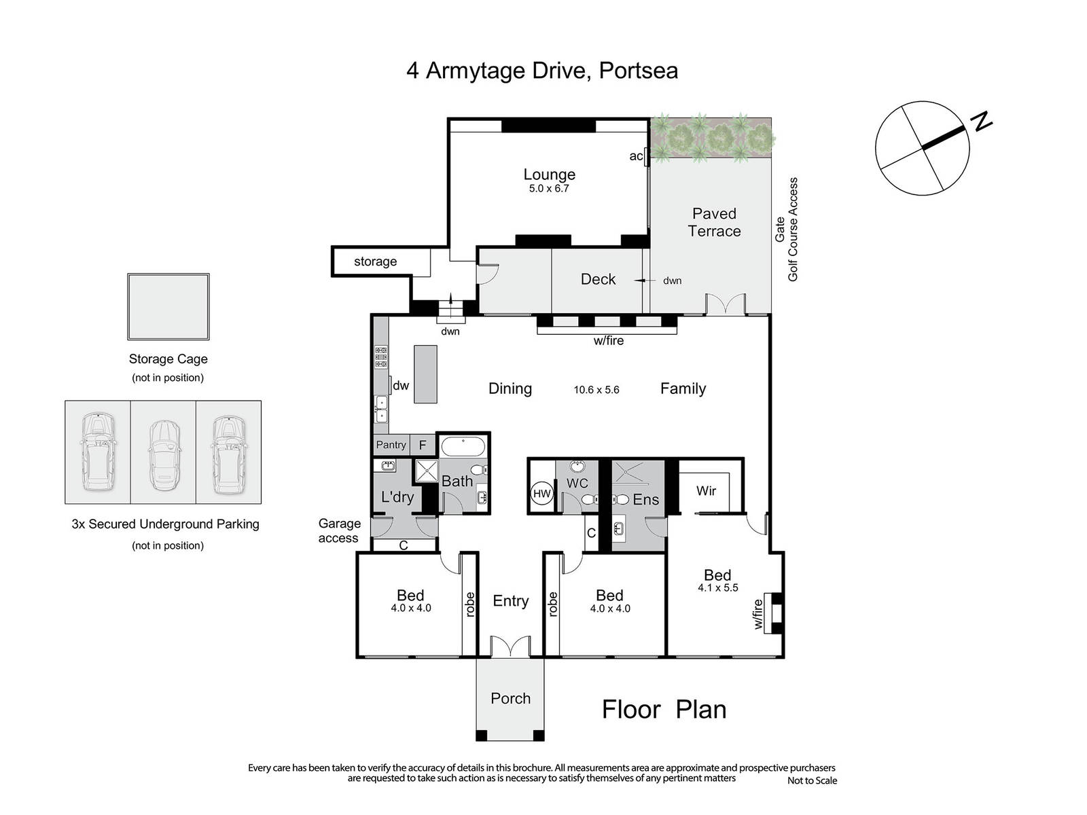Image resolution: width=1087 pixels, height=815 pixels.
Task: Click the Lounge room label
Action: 549,174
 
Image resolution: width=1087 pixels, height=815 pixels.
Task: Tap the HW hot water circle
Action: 541,493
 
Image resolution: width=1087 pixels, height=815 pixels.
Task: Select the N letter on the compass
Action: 982,122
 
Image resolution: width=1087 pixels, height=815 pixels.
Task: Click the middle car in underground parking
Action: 164,454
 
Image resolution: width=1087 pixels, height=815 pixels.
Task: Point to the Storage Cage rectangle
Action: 168,307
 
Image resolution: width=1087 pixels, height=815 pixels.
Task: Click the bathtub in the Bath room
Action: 463,446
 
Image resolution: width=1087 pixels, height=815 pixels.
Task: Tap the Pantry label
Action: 391,444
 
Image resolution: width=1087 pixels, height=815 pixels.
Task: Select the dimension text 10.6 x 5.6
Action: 596,390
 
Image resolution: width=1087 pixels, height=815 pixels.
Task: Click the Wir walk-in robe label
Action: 706,491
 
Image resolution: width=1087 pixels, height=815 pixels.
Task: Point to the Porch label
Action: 511,698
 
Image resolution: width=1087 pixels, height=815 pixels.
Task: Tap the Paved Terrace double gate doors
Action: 726,304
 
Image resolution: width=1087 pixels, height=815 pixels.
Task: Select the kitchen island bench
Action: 425,374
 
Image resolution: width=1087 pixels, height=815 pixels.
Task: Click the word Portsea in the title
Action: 639,70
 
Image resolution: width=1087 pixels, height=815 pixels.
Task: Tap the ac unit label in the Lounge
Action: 636,156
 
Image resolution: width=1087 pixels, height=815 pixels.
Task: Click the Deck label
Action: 599,279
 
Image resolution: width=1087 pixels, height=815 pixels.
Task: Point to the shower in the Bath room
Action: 427,471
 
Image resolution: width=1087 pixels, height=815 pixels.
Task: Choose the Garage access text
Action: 339,530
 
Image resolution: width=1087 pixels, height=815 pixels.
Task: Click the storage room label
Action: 376,261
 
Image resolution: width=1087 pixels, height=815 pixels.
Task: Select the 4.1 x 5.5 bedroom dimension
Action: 718,588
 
